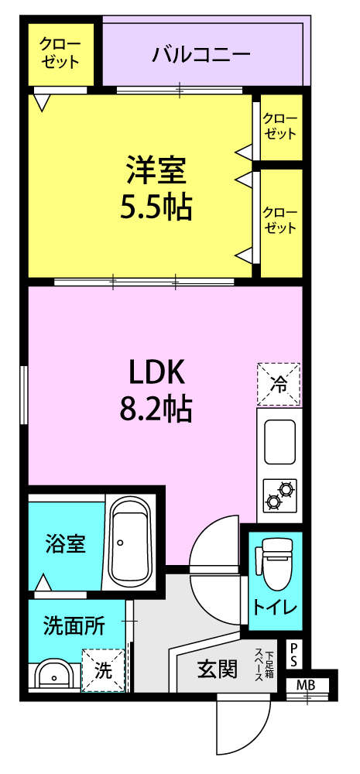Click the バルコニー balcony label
[x=201, y=53]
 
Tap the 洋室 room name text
[x=156, y=170]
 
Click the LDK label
[x=156, y=374]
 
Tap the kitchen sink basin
[x=279, y=442]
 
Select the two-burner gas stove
[x=279, y=495]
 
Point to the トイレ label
[x=275, y=608]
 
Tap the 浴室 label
[x=66, y=543]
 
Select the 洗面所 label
[x=74, y=627]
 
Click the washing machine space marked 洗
[x=104, y=670]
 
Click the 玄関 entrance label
[x=218, y=670]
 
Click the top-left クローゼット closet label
[x=60, y=53]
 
